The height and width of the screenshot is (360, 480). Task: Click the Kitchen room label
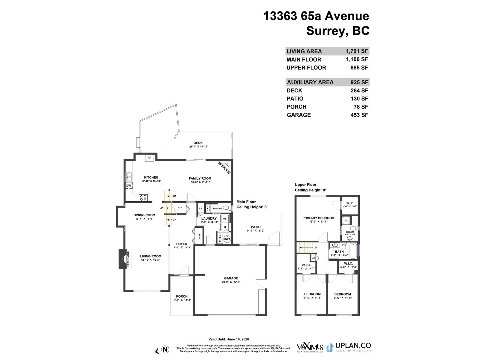pyautogui.click(x=151, y=177)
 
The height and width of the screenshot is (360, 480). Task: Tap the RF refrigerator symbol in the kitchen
pyautogui.click(x=149, y=158)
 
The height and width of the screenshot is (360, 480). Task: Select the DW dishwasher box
pyautogui.click(x=128, y=186)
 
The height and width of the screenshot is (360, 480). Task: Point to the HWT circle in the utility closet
pyautogui.click(x=227, y=239)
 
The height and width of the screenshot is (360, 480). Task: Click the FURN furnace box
pyautogui.click(x=220, y=239)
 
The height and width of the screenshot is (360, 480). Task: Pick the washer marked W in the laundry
pyautogui.click(x=224, y=219)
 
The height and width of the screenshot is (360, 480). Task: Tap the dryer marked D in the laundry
pyautogui.click(x=225, y=227)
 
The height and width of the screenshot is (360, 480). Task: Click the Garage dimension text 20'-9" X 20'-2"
pyautogui.click(x=231, y=282)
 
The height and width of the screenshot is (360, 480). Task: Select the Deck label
pyautogui.click(x=198, y=143)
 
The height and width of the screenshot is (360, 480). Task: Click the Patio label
pyautogui.click(x=256, y=227)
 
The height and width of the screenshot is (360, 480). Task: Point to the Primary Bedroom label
pyautogui.click(x=318, y=218)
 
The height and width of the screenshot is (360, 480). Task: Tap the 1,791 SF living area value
pyautogui.click(x=357, y=51)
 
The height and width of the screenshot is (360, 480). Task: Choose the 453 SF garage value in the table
pyautogui.click(x=359, y=115)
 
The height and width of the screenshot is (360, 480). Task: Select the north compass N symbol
pyautogui.click(x=165, y=349)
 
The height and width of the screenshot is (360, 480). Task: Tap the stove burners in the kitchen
pyautogui.click(x=143, y=197)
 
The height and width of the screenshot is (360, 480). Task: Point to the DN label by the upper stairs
pyautogui.click(x=315, y=247)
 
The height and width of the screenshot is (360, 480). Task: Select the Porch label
pyautogui.click(x=182, y=296)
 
